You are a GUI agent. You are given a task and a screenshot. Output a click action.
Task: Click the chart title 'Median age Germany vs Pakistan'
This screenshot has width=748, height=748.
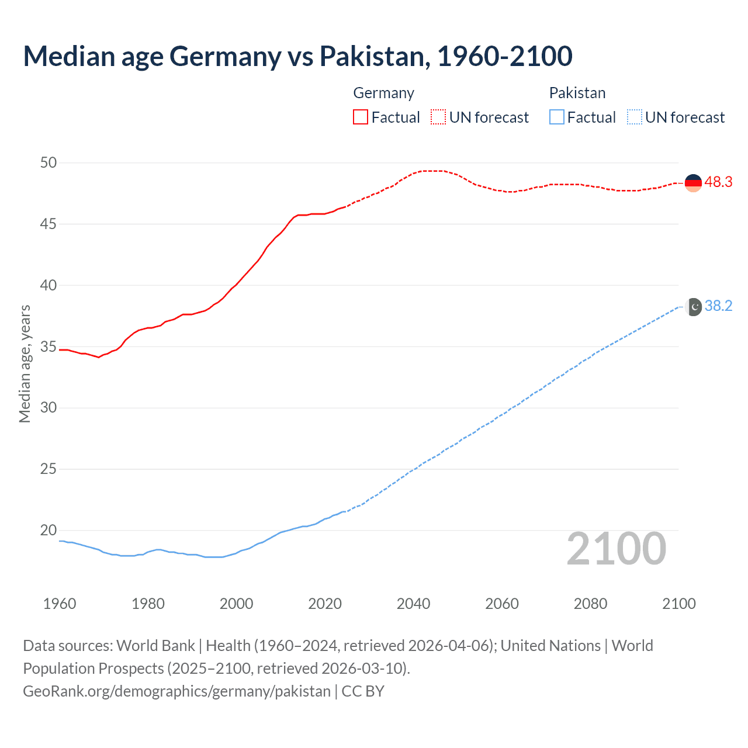click(x=297, y=56)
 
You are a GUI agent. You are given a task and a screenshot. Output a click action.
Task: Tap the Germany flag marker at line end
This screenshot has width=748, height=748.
click(x=692, y=182)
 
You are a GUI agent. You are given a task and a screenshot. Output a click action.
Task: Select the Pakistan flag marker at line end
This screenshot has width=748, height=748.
click(x=693, y=307)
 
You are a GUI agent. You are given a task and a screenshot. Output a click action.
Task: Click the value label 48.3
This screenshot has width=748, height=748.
click(x=718, y=182)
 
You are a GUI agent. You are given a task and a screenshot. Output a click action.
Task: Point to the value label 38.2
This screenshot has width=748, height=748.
click(x=718, y=306)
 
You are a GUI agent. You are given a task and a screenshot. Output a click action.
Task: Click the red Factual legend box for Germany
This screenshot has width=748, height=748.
click(x=361, y=117)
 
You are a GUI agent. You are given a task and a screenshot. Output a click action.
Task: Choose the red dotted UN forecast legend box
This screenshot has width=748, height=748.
click(x=438, y=117)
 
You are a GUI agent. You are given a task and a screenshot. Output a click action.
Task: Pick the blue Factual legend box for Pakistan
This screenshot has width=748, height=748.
click(x=556, y=117)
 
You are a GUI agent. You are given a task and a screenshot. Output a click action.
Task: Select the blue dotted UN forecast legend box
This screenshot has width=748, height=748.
click(x=634, y=117)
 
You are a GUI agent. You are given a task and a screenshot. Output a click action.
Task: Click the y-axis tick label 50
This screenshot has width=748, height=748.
click(x=49, y=163)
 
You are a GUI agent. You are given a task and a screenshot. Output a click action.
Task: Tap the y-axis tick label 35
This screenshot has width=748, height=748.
click(x=49, y=347)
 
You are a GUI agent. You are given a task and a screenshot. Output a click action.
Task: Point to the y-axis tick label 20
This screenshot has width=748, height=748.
click(x=49, y=531)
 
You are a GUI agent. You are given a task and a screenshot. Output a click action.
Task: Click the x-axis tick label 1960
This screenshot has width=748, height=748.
click(x=60, y=604)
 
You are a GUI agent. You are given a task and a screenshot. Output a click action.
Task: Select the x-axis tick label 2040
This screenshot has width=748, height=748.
click(x=413, y=604)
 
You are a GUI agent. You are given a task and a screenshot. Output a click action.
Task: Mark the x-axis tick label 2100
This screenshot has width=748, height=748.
click(x=678, y=604)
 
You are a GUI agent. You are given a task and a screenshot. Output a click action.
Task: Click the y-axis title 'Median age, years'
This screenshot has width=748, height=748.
click(x=25, y=363)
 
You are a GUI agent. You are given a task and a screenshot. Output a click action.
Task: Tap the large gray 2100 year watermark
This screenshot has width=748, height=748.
click(x=616, y=549)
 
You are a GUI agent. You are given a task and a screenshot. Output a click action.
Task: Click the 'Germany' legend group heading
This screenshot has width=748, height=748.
click(x=383, y=93)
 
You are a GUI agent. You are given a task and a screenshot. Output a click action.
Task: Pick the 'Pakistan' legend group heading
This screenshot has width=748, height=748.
click(x=577, y=93)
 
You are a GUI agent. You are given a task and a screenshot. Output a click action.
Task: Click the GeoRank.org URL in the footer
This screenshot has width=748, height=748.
click(x=176, y=691)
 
